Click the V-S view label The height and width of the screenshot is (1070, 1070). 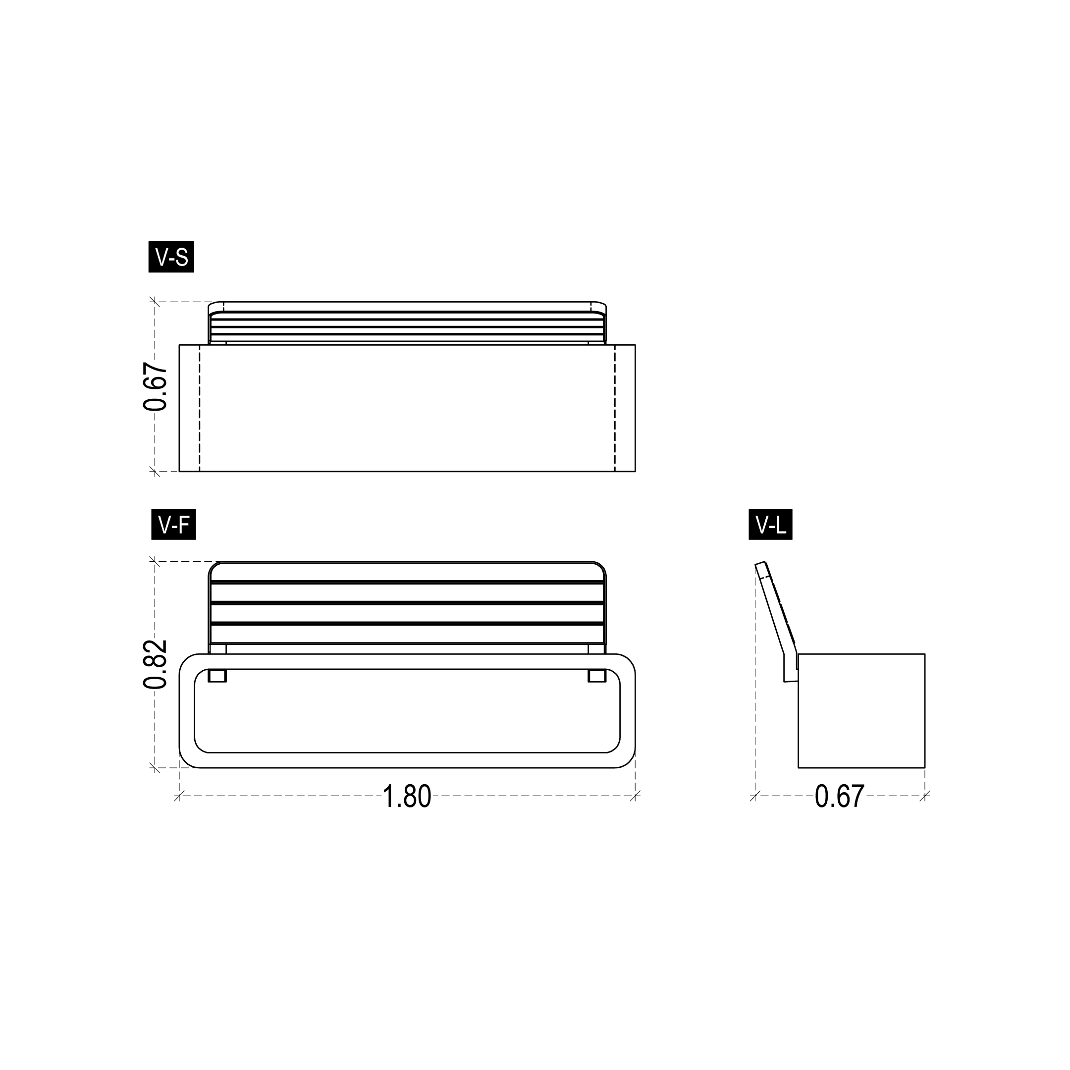click(171, 257)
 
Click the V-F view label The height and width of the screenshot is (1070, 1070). click(173, 525)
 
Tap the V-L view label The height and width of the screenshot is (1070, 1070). click(770, 525)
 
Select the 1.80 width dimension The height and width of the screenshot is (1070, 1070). click(407, 797)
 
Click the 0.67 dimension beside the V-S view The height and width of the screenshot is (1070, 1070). click(155, 386)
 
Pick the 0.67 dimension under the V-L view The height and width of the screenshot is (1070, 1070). click(840, 797)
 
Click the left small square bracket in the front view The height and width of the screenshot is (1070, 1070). click(217, 676)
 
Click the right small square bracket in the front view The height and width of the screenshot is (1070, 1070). click(597, 676)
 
